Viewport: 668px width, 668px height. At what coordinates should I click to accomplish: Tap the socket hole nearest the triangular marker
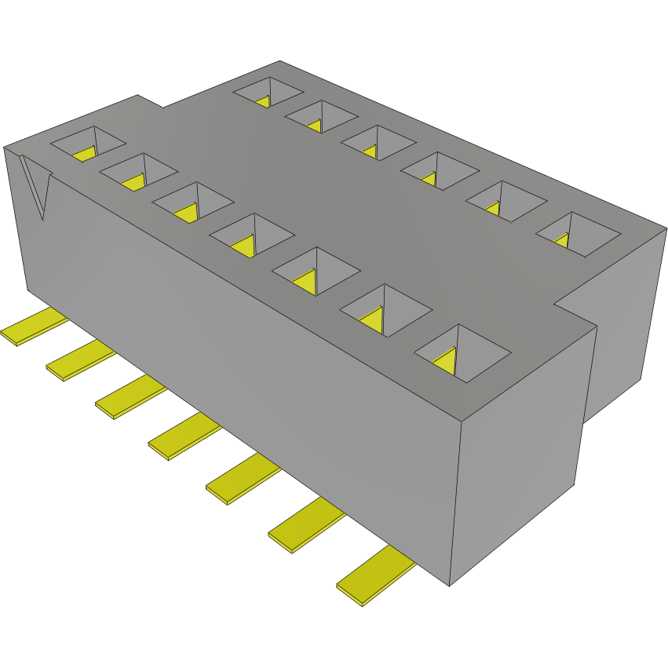88,144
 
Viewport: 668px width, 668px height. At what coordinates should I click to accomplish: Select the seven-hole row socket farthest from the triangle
462,352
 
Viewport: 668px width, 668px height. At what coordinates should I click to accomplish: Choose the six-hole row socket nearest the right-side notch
579,233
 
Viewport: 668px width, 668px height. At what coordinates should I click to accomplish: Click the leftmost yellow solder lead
35,327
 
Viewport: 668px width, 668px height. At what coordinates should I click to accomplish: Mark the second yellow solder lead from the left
80,360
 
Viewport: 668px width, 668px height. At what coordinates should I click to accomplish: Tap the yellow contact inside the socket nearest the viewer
447,360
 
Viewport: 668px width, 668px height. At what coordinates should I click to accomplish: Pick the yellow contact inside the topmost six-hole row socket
264,101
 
